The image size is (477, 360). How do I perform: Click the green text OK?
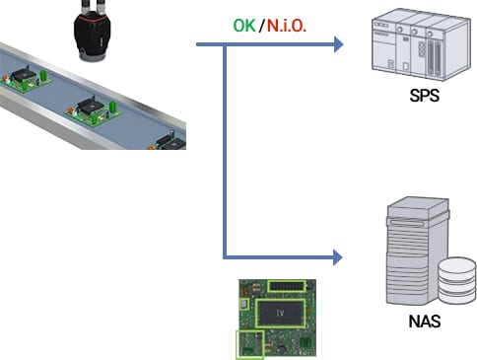(x=243, y=25)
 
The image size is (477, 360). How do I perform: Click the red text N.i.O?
(x=286, y=25)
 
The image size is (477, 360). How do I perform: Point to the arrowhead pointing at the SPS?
(x=338, y=44)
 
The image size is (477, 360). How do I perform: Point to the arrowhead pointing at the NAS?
(x=338, y=258)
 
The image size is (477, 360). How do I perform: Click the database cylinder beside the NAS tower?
(x=454, y=281)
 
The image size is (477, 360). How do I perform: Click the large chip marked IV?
(x=280, y=314)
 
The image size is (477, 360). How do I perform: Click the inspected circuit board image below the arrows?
(x=280, y=317)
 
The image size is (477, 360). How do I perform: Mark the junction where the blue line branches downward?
(x=226, y=44)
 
